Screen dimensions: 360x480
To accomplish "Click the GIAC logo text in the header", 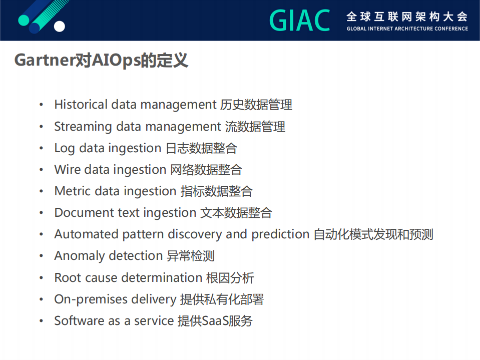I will (299, 20).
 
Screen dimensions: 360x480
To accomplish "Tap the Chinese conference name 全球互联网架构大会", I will (407, 16).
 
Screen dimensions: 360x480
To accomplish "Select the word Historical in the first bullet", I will (81, 105).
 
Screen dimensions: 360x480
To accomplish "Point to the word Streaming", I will (83, 127).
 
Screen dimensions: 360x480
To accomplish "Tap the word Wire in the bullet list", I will (67, 170).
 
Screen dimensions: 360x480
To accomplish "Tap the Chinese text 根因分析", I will (230, 277).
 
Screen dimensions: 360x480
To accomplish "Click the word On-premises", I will (91, 299).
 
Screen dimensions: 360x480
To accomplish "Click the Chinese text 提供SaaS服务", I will (215, 321).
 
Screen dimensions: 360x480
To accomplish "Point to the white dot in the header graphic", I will (59, 26).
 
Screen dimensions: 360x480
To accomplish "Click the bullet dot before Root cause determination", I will (42, 278).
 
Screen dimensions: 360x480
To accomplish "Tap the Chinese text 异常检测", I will (190, 256).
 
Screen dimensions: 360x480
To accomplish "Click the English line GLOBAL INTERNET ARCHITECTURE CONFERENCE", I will (407, 29).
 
